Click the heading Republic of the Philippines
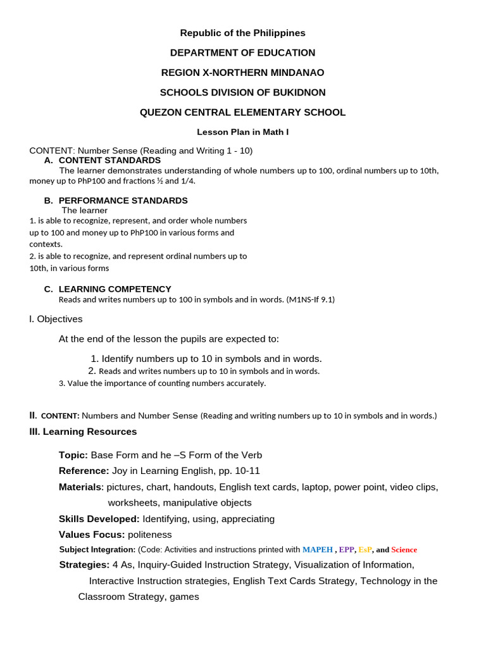pos(242,33)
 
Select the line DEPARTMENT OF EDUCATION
pos(242,53)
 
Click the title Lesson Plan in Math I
pos(242,132)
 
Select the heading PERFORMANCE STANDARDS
pos(123,201)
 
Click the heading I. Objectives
pos(56,319)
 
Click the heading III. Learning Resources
pos(83,432)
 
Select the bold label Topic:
pos(73,456)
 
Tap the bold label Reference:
pos(84,471)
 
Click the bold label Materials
pos(81,487)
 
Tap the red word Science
pos(404,550)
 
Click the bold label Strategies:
pos(84,565)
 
